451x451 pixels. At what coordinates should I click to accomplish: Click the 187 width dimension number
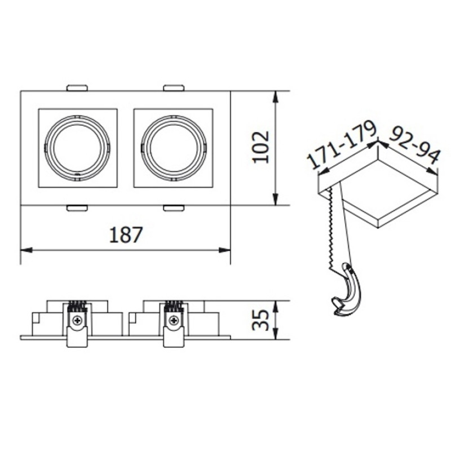pos(126,235)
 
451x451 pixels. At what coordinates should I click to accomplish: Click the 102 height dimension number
pos(261,147)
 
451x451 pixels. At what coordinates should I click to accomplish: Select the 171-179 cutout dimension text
pos(342,146)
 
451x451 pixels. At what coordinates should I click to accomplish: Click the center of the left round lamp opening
pos(78,148)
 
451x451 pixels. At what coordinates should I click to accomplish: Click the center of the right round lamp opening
pos(174,148)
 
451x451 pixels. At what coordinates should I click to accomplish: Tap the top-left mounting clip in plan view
pos(77,88)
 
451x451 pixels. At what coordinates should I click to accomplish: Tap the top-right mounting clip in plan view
pos(174,88)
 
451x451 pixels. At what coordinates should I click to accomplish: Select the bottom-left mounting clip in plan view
pos(77,208)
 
